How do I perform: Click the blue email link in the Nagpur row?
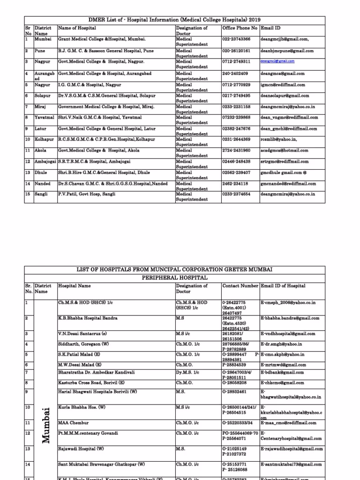tap(277, 61)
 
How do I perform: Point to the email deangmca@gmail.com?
tap(283, 74)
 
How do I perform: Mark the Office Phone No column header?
tap(240, 28)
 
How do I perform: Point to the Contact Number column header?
tap(240, 285)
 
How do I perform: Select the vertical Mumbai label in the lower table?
tap(45, 425)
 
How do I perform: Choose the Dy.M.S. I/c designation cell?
tap(187, 372)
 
